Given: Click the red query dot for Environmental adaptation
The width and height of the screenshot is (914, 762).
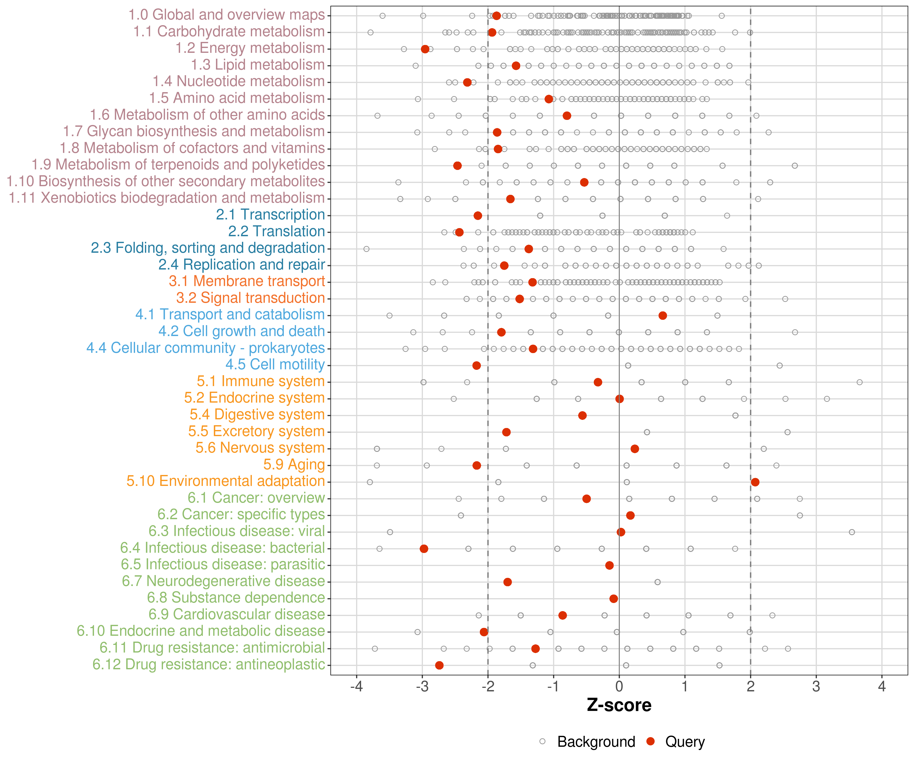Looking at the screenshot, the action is (755, 482).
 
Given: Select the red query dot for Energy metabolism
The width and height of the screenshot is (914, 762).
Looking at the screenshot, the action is (425, 49).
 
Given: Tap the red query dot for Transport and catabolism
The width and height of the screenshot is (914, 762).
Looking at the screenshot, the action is (662, 315).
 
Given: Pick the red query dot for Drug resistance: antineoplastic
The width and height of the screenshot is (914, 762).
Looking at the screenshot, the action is (439, 665).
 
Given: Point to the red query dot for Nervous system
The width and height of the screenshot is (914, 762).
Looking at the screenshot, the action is (634, 449).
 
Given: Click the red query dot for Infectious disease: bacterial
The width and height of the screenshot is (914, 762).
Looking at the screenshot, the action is (424, 549).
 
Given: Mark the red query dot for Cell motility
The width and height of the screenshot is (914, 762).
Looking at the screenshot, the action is (477, 365).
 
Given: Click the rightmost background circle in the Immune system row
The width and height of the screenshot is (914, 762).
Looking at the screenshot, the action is (860, 382).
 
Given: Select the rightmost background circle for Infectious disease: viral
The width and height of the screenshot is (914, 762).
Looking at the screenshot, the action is (852, 532).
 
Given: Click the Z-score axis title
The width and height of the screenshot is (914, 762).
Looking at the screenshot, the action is (619, 705).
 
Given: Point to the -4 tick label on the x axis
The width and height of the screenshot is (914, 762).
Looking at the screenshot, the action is (356, 687).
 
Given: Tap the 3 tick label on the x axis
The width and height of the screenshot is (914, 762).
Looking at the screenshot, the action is (816, 687).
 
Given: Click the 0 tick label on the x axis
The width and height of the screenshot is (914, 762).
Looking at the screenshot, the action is (619, 687).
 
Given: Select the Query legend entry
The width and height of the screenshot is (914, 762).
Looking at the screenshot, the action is (676, 741).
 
